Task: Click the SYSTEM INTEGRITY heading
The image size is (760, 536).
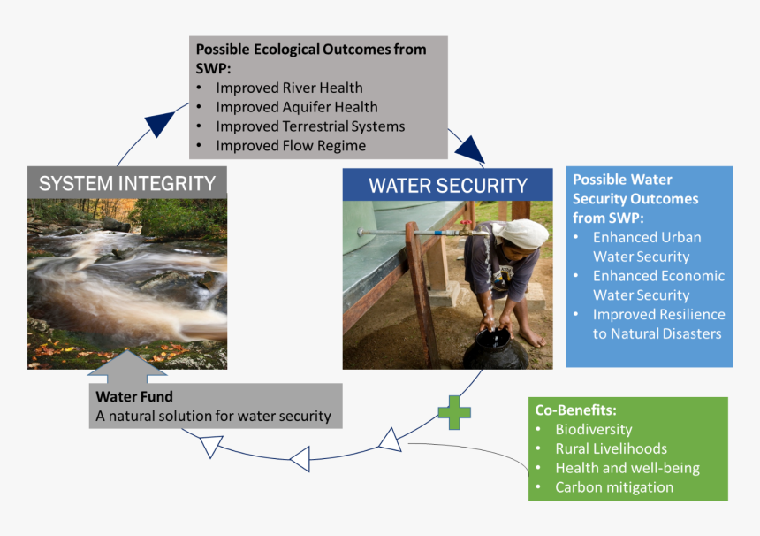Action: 127,183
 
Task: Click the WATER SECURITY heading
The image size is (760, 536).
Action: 447,186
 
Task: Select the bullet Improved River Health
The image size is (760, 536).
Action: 289,88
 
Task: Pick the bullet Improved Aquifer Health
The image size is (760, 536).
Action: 296,107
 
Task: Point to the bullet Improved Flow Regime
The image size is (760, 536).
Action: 290,146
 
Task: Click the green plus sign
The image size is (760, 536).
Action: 454,412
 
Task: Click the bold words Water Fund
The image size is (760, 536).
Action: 134,397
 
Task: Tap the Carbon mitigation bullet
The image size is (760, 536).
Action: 613,487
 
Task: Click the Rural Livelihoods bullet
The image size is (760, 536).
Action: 610,449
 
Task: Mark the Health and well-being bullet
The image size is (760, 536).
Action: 627,468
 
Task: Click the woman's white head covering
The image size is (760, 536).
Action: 522,234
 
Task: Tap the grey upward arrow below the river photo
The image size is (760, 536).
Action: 127,365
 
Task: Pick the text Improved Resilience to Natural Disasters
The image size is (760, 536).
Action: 657,324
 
